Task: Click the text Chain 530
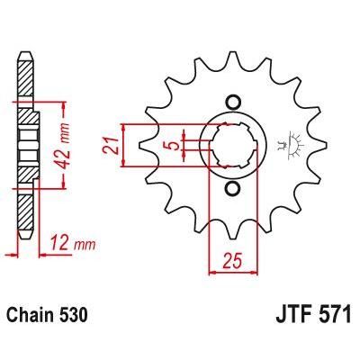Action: (49, 318)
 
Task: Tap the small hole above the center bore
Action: (234, 100)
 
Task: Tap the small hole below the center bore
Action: (234, 188)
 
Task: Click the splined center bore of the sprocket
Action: (234, 144)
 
